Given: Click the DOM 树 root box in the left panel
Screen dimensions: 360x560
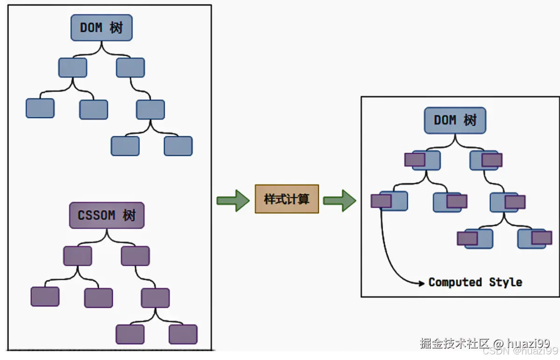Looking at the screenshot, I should point(101,28).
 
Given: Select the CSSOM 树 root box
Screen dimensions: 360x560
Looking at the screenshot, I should point(106,215).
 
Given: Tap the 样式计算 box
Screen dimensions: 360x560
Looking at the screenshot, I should point(287,199).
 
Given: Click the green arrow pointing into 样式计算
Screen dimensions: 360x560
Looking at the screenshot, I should point(233,200).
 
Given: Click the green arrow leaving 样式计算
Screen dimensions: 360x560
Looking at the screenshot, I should point(340,200).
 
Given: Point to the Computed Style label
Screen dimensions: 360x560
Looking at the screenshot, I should point(475,282).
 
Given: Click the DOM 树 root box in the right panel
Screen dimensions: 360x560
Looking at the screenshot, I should point(455,120).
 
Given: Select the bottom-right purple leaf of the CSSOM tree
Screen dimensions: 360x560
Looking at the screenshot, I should point(183,334).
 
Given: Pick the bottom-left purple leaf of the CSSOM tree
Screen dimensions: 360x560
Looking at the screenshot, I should point(130,334).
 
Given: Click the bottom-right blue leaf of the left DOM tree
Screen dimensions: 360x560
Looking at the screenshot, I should point(178,146).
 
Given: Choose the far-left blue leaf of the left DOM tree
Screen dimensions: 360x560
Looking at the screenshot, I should point(40,108).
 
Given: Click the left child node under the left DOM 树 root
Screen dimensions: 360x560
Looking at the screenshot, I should point(72,67).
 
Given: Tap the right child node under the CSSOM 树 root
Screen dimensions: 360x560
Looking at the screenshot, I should point(135,256).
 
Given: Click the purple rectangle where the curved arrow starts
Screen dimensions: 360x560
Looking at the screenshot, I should point(381,201).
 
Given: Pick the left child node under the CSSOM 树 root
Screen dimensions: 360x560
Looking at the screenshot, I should point(78,256).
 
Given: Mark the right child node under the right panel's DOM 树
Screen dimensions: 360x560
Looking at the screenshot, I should point(486,160).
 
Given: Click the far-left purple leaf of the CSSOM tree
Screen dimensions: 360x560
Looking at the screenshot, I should point(45,296).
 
